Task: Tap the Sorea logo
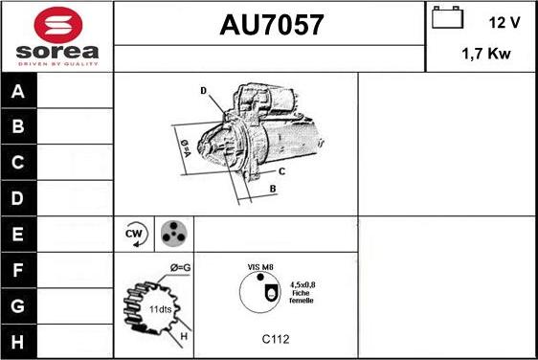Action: (x=56, y=36)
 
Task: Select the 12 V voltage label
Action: (x=504, y=21)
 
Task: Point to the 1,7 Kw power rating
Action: (x=486, y=55)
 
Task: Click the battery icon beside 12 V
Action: (x=447, y=19)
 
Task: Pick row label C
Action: (x=18, y=163)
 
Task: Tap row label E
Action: (x=18, y=233)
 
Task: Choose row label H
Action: (x=18, y=341)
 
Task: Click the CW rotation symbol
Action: (x=135, y=234)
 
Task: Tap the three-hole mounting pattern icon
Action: (x=172, y=234)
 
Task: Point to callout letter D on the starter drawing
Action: (x=204, y=91)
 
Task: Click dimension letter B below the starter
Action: (x=272, y=189)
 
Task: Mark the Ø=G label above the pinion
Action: (x=180, y=267)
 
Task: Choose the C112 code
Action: (x=276, y=339)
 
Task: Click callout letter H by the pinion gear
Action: (x=183, y=334)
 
